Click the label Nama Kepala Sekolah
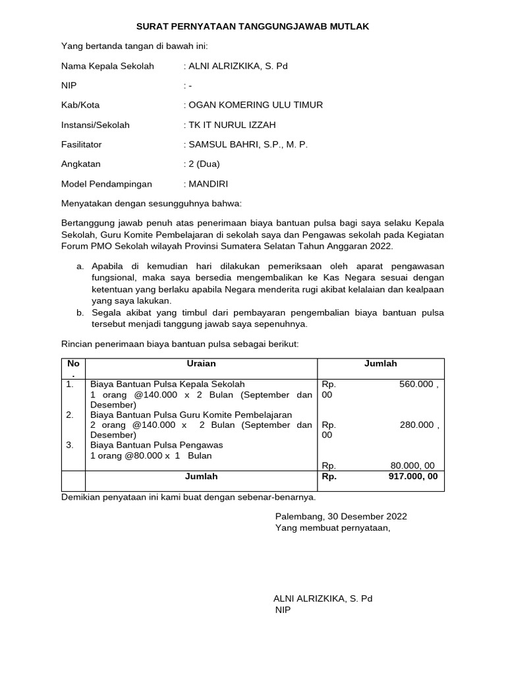tap(107, 66)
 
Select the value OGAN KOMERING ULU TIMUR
tap(256, 105)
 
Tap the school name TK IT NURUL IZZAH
tap(232, 125)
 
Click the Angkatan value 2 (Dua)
tap(204, 164)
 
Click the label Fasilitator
tap(82, 144)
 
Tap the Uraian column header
tap(201, 364)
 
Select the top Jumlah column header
tap(381, 364)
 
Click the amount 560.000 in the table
tap(416, 384)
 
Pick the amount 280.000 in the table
tap(416, 425)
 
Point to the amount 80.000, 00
tap(412, 465)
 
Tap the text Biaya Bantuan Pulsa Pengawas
tap(157, 445)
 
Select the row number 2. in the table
tap(70, 415)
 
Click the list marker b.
tap(80, 312)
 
